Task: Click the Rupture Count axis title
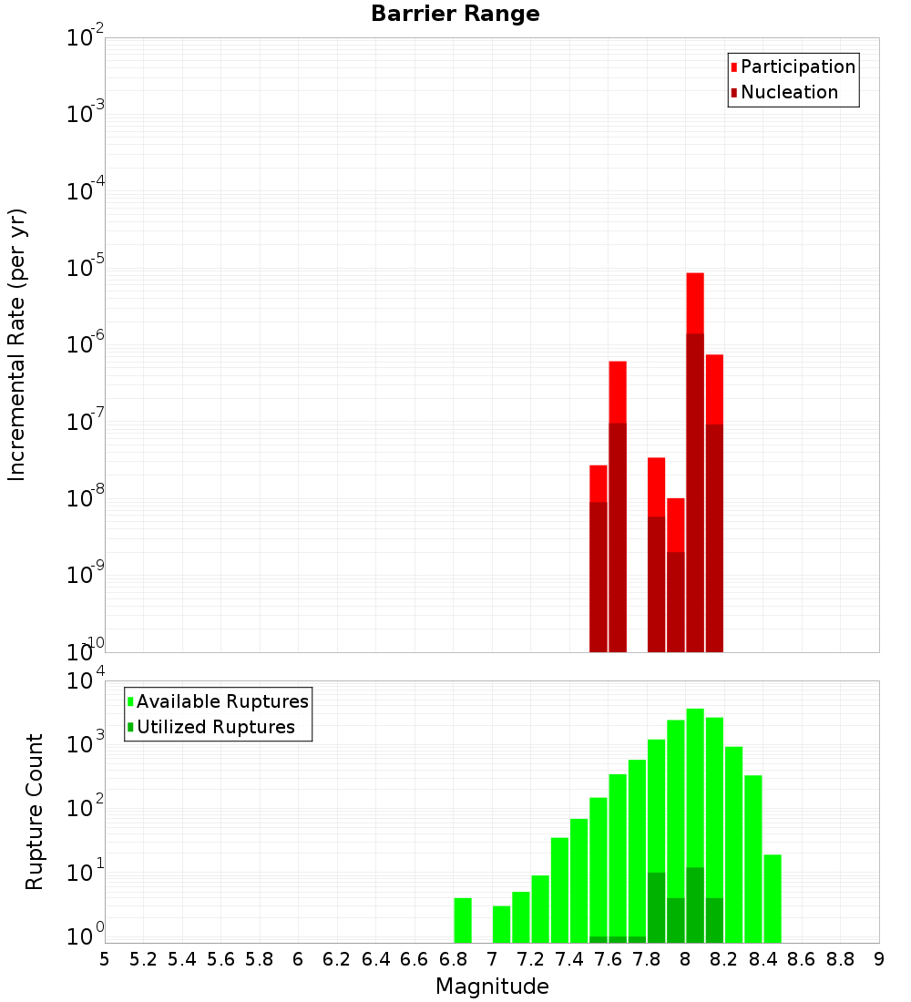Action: [35, 812]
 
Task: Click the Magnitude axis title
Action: [492, 986]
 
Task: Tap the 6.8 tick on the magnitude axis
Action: [453, 959]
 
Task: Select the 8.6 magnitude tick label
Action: [802, 959]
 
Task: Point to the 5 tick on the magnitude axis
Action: [105, 959]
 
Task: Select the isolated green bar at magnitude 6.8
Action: [463, 920]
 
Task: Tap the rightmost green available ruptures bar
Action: [773, 898]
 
